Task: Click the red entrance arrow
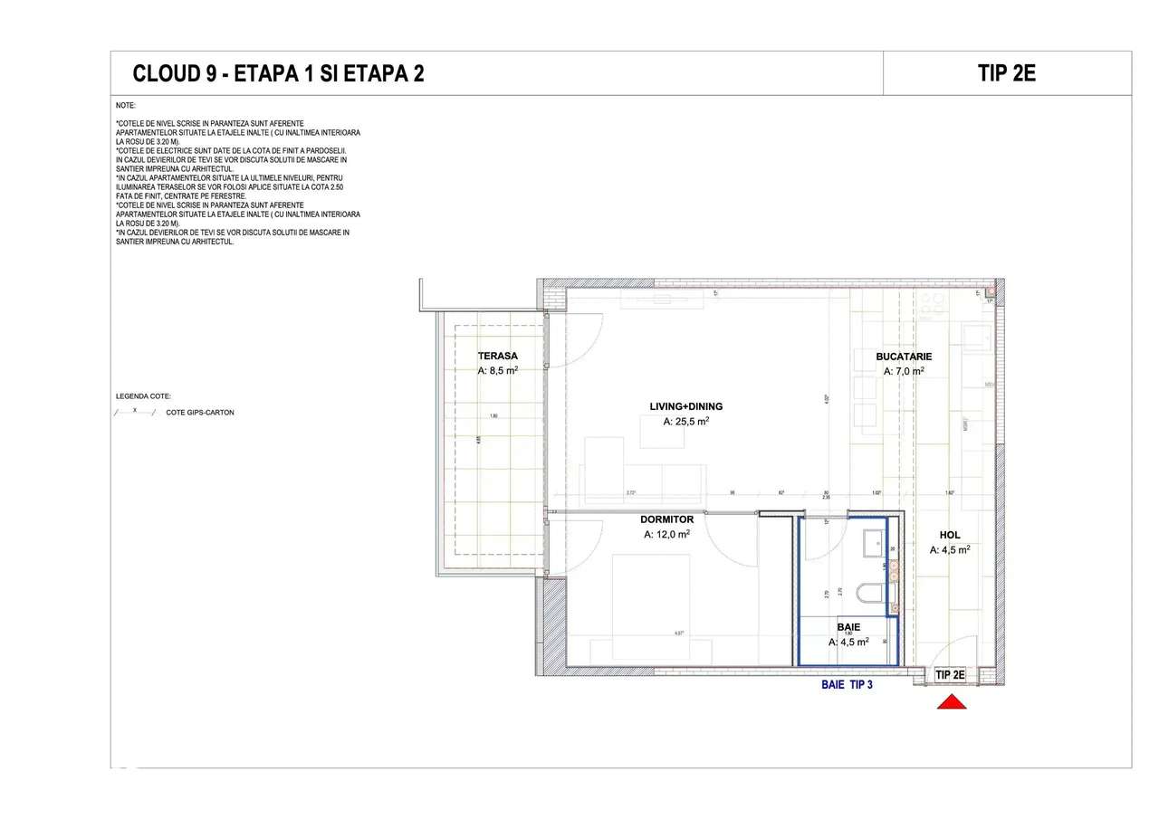[x=952, y=701]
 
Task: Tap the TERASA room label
[x=498, y=356]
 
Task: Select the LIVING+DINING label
[x=685, y=406]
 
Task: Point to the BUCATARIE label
[x=903, y=357]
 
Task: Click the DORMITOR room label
[x=666, y=519]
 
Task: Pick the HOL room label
[x=949, y=535]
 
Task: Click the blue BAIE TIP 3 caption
[x=847, y=685]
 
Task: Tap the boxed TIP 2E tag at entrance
[x=950, y=674]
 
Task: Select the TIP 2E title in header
[x=1006, y=73]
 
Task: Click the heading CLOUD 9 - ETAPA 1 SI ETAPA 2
[x=278, y=74]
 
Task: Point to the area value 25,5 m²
[x=685, y=422]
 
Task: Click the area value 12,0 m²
[x=666, y=535]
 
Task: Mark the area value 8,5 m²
[x=498, y=370]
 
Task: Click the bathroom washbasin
[x=874, y=542]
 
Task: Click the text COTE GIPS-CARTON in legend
[x=200, y=413]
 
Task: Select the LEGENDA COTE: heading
[x=143, y=396]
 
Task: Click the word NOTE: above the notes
[x=125, y=106]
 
